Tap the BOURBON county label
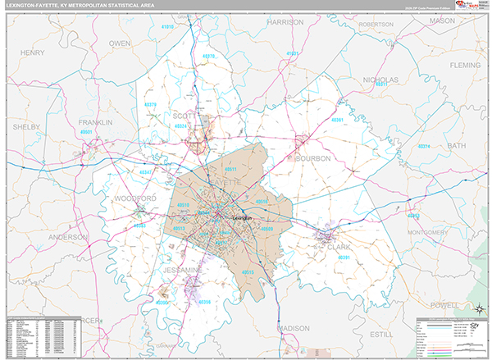pos(312,158)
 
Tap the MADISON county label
pos(294,328)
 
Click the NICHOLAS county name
pos(380,80)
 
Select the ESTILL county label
pos(382,335)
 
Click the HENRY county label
pos(32,53)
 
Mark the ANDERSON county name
pos(69,237)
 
